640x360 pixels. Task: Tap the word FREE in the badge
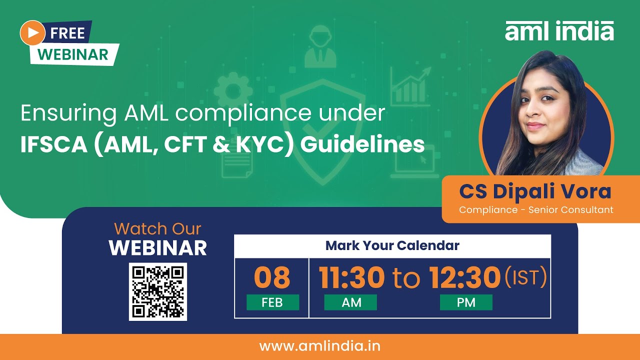tap(67, 33)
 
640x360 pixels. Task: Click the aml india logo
tap(559, 31)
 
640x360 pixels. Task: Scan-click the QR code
tap(158, 291)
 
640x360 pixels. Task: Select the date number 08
tap(272, 277)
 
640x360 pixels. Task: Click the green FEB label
tap(272, 302)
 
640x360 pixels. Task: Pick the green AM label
tap(350, 302)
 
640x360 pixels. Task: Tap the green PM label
tap(466, 302)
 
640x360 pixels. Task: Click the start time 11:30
tap(352, 277)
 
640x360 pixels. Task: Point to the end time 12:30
tap(465, 277)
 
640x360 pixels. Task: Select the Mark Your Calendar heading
tap(392, 246)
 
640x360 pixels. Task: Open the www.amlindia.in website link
tap(320, 346)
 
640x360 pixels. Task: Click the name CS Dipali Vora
tap(535, 191)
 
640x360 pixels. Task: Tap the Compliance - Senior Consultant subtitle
tap(536, 210)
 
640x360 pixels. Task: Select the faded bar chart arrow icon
tap(410, 87)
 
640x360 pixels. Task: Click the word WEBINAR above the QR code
tap(158, 248)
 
